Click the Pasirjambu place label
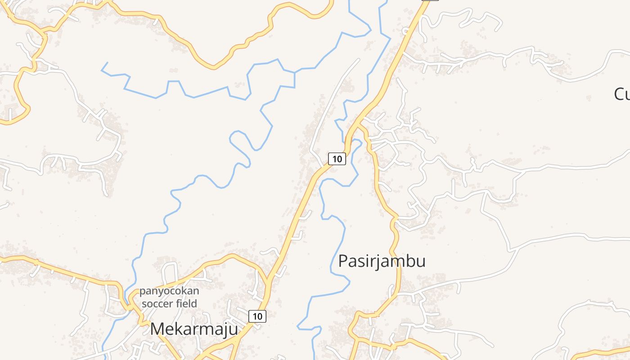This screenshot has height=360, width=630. point(382,261)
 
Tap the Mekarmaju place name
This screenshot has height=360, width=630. point(194,329)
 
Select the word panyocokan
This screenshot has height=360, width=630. point(169,291)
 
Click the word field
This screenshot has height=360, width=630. point(187,303)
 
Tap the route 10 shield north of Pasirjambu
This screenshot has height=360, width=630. point(337,158)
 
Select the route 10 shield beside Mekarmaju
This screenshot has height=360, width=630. point(257,316)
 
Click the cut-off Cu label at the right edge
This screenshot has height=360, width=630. point(622,94)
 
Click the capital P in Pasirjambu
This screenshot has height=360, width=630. point(343,261)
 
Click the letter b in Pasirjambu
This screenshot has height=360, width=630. point(408,261)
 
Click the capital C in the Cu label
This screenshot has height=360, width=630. point(619,94)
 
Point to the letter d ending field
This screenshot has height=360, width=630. point(194,303)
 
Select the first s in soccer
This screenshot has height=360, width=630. point(144,304)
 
